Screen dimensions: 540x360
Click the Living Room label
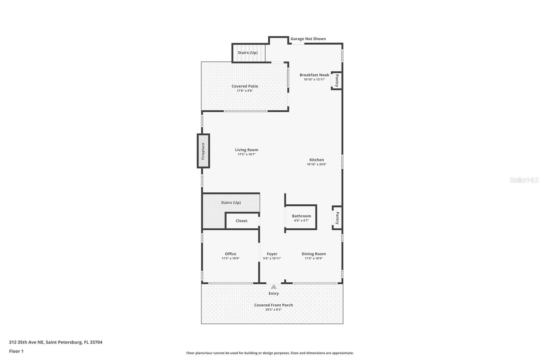pyautogui.click(x=246, y=150)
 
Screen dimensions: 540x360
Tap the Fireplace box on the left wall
pyautogui.click(x=203, y=151)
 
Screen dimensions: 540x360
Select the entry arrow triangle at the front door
pyautogui.click(x=274, y=287)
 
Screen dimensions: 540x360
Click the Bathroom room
pyautogui.click(x=301, y=217)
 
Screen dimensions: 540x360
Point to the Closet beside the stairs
pyautogui.click(x=242, y=221)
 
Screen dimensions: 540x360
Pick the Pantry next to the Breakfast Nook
pyautogui.click(x=336, y=81)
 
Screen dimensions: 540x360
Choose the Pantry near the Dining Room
pyautogui.click(x=337, y=218)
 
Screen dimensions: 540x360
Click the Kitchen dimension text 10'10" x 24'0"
pyautogui.click(x=317, y=164)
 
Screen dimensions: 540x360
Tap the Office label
pyautogui.click(x=231, y=254)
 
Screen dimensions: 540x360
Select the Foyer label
pyautogui.click(x=272, y=254)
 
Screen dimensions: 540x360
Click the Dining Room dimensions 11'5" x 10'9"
pyautogui.click(x=314, y=258)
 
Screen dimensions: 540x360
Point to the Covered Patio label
pyautogui.click(x=245, y=86)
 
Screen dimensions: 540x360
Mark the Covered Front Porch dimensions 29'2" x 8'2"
pyautogui.click(x=274, y=310)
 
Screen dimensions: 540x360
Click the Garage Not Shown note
pyautogui.click(x=308, y=39)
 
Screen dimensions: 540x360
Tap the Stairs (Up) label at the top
pyautogui.click(x=248, y=53)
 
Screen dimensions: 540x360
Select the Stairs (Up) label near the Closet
pyautogui.click(x=231, y=202)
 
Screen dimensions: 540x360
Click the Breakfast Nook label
pyautogui.click(x=314, y=75)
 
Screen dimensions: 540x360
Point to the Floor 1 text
pyautogui.click(x=16, y=351)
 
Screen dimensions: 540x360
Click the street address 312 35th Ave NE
pyautogui.click(x=27, y=342)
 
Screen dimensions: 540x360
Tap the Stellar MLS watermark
pyautogui.click(x=524, y=180)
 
